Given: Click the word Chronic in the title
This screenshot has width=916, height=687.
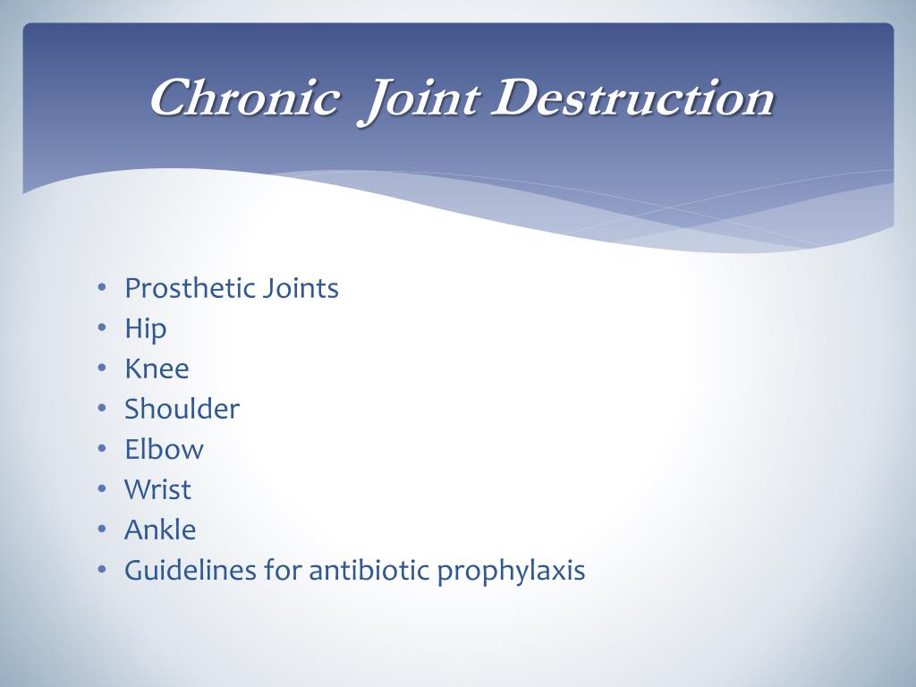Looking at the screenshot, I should (244, 98).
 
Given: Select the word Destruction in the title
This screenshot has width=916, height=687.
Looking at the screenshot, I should (632, 98).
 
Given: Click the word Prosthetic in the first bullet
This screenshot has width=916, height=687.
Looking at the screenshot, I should (190, 289).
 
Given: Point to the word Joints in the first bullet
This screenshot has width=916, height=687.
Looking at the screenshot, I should (301, 289).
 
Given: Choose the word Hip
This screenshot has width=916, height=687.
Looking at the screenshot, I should (145, 329).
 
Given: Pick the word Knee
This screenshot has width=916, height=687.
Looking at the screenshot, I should (157, 369).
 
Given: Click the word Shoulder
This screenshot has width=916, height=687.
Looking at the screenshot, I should (182, 409).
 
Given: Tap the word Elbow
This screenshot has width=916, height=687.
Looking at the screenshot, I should (164, 449).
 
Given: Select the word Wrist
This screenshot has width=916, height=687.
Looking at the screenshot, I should (157, 489).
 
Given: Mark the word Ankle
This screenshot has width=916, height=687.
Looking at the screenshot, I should (160, 530).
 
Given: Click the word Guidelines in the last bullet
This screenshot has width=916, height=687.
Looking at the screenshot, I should (190, 570).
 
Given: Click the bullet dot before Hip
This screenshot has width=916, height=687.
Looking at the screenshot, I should (102, 329).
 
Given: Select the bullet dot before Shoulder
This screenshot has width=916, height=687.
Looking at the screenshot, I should (102, 410).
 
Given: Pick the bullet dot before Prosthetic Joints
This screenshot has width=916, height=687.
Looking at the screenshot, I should (102, 289).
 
